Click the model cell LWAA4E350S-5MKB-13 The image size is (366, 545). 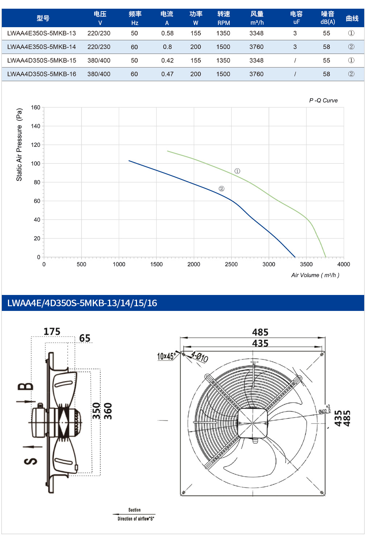coord(42,33)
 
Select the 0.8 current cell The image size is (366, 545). coord(167,47)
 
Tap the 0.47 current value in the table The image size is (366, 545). coord(167,74)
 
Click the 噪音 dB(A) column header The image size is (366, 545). coord(328,18)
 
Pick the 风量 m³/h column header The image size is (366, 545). coord(257,18)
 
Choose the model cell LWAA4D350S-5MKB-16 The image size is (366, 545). coord(42,74)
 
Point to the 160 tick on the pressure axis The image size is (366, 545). coord(36,108)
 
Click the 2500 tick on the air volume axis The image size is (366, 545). coord(231,264)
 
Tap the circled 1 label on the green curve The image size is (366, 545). coord(237,171)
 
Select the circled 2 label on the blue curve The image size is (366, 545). coord(221,188)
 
